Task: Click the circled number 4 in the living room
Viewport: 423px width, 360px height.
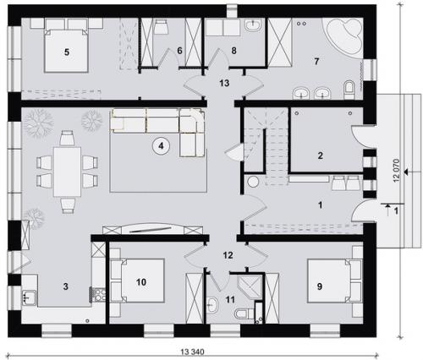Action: coord(161,145)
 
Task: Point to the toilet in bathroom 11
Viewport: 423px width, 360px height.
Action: coord(244,314)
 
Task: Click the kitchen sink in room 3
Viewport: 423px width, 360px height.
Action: coord(30,297)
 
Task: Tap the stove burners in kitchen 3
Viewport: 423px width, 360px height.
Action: coord(100,295)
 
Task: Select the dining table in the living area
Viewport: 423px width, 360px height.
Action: coord(67,172)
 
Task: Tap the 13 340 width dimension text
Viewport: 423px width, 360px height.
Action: coord(193,352)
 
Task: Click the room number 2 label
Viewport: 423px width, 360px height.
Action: coord(320,155)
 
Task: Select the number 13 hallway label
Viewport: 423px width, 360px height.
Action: coord(224,83)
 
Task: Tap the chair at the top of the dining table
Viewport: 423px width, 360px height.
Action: coord(67,138)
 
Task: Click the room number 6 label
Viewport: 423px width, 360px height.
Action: coord(179,51)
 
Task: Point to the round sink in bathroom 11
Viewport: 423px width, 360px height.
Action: coord(212,305)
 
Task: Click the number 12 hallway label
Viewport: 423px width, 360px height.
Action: coord(228,255)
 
